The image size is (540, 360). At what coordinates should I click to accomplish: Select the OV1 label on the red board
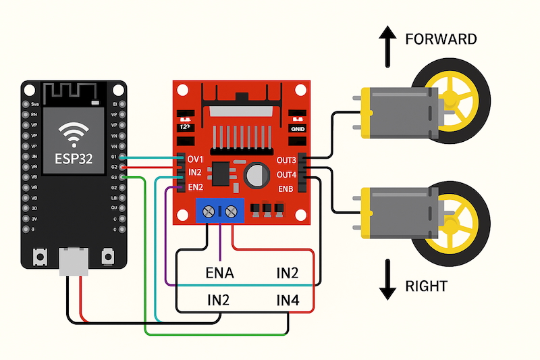pyautogui.click(x=195, y=159)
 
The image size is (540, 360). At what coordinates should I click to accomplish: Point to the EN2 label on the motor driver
pyautogui.click(x=195, y=187)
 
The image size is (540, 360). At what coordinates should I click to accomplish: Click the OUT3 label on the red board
pyautogui.click(x=286, y=160)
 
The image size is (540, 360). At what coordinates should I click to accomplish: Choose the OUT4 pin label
pyautogui.click(x=286, y=174)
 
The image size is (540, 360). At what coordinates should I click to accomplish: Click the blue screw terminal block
pyautogui.click(x=220, y=211)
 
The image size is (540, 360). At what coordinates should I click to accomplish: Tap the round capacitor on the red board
pyautogui.click(x=256, y=176)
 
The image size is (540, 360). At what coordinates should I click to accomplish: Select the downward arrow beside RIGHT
pyautogui.click(x=387, y=280)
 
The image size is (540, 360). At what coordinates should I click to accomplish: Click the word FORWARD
pyautogui.click(x=441, y=39)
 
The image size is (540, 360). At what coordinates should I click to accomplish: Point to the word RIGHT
pyautogui.click(x=426, y=286)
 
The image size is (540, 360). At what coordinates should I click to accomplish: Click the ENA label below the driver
pyautogui.click(x=219, y=274)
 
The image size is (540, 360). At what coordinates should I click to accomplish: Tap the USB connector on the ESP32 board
pyautogui.click(x=74, y=260)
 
